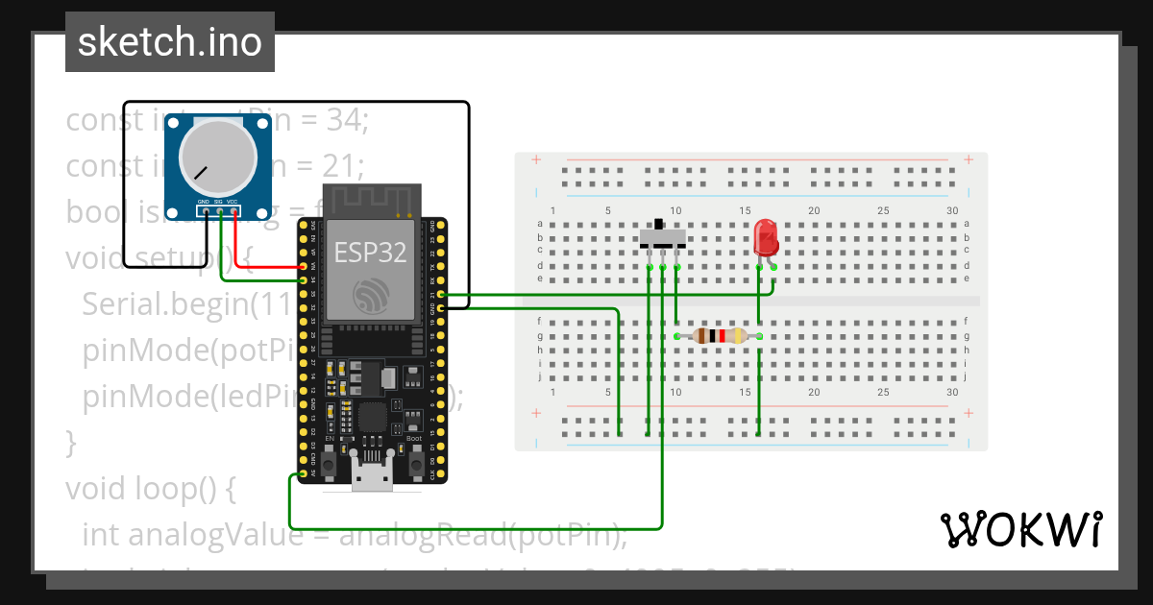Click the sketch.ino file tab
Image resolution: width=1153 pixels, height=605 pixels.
pos(170,42)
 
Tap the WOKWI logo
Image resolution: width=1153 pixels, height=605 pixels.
pos(1019,529)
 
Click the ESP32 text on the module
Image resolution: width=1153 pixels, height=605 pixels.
pos(370,253)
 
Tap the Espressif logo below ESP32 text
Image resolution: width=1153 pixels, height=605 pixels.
pos(370,295)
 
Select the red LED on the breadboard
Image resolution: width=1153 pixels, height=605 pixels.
pos(766,236)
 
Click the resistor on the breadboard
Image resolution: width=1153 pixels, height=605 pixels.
pos(719,335)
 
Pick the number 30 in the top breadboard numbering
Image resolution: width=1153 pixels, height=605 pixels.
pos(952,210)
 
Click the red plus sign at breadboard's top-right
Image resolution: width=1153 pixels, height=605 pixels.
pos(969,159)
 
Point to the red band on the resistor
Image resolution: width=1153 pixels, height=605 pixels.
pos(722,335)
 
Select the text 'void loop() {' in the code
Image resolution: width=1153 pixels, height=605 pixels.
pos(150,489)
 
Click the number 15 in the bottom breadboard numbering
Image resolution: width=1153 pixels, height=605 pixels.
pos(745,392)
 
